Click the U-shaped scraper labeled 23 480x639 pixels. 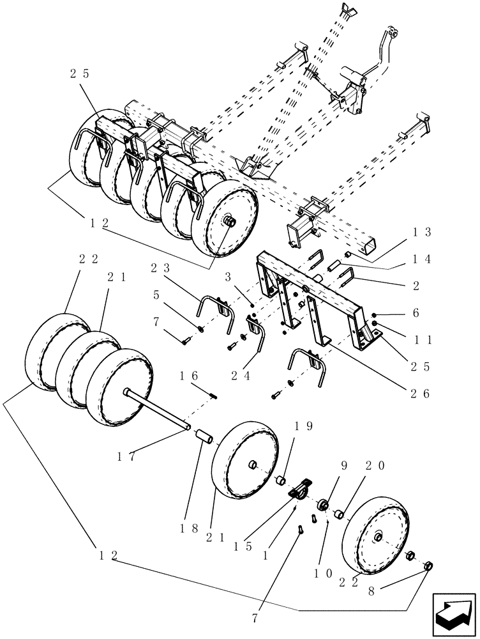click(x=211, y=308)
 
